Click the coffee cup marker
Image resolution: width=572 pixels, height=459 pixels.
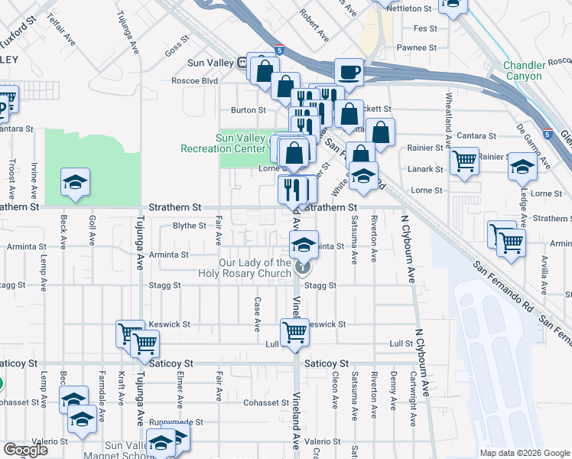349,73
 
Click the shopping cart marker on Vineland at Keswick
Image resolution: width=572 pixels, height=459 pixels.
295,333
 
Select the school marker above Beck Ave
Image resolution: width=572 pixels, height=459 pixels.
76,182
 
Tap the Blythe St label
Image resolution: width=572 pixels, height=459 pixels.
190,226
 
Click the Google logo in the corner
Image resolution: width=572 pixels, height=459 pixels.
25,450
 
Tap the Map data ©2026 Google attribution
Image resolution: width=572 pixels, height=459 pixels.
525,453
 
